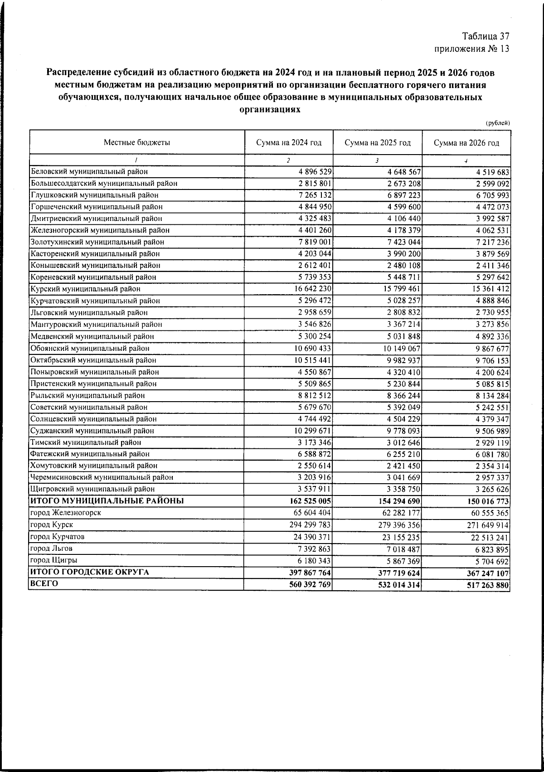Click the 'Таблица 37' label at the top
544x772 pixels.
(486, 36)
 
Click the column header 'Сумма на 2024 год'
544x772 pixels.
(288, 143)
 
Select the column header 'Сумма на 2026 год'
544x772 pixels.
(466, 143)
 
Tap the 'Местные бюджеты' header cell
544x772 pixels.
(137, 143)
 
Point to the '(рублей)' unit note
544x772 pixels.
(498, 123)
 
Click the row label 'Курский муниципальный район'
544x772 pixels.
(86, 289)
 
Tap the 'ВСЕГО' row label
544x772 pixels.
(44, 584)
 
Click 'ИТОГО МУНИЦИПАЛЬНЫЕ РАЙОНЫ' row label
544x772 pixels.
(107, 501)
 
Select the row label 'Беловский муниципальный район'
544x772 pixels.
(89, 172)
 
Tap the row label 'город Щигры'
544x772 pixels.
(53, 560)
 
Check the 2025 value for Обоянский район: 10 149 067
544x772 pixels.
(402, 349)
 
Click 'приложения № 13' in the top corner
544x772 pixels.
(472, 49)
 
